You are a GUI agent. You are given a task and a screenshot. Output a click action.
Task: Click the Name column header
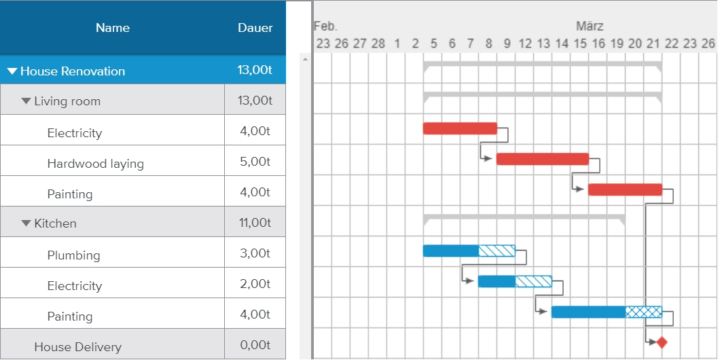coord(113,28)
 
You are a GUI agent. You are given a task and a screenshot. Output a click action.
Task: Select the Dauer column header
coord(255,28)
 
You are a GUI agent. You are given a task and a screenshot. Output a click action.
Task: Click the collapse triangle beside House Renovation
coord(12,71)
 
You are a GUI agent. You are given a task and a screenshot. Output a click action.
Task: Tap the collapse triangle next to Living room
coord(26,101)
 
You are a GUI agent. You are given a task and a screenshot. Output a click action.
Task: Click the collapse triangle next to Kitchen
coord(26,223)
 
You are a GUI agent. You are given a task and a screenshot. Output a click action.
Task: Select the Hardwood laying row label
coord(95,163)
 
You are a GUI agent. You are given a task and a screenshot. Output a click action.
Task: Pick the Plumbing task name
coord(73,255)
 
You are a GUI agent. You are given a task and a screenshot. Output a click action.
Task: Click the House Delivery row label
coord(77,346)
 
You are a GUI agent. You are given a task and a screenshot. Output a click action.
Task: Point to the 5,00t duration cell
coord(255,162)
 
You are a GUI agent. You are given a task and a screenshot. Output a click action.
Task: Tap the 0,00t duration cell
coord(255,345)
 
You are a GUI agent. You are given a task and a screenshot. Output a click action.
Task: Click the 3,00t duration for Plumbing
coord(255,253)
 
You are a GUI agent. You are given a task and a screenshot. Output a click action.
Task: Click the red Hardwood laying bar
coord(542,159)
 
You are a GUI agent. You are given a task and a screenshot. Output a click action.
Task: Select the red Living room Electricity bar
coord(460,128)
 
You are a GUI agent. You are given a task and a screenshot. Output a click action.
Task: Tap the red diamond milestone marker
coord(662,342)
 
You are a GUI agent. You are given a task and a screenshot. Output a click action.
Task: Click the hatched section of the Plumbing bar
coord(497,251)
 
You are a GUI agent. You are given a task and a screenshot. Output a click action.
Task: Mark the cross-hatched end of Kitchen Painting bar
coord(643,312)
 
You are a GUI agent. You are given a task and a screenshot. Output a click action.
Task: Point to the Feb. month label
coord(325,26)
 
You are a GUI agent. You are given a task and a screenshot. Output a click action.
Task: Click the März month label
coord(590,26)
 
